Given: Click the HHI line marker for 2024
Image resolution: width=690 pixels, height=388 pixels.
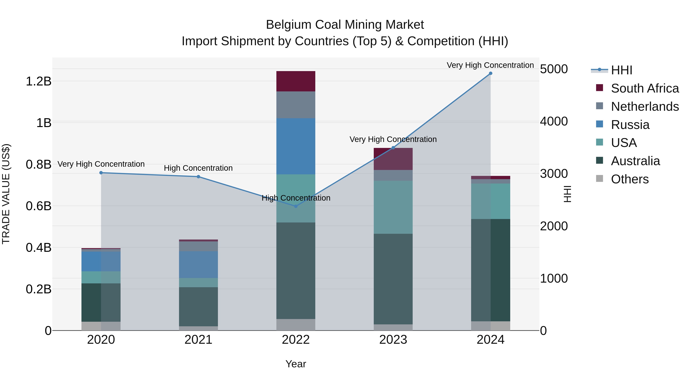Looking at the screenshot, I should (490, 73).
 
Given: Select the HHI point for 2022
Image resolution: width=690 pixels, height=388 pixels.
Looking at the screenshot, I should (296, 206).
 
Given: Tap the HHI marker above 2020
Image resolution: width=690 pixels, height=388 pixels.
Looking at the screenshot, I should (101, 173).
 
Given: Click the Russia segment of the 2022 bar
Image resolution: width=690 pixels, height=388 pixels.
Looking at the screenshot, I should (296, 146).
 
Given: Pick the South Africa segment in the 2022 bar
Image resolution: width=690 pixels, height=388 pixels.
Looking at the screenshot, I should (296, 81).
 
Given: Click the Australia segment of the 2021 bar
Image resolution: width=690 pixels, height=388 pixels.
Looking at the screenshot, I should (198, 307).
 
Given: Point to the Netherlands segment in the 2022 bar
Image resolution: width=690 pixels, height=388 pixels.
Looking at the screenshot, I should (296, 105).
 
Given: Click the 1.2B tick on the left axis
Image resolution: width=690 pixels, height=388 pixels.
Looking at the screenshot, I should (39, 81).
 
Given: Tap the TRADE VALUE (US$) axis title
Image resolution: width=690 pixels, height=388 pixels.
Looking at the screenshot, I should (6, 194).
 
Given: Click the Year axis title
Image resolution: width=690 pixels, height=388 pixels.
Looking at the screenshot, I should (296, 364).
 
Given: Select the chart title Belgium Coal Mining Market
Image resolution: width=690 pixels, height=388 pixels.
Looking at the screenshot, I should (345, 25).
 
